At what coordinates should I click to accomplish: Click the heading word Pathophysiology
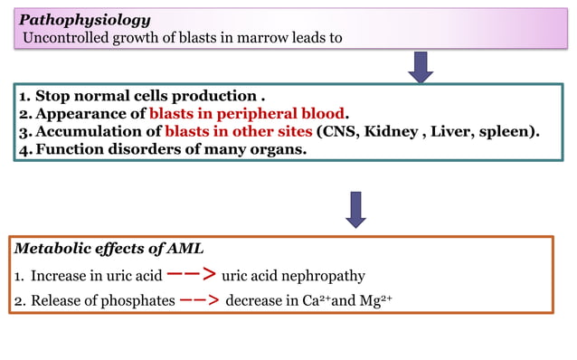85,19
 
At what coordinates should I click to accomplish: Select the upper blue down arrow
421,65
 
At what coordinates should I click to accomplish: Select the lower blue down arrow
356,208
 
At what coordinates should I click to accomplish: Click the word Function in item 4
71,149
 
